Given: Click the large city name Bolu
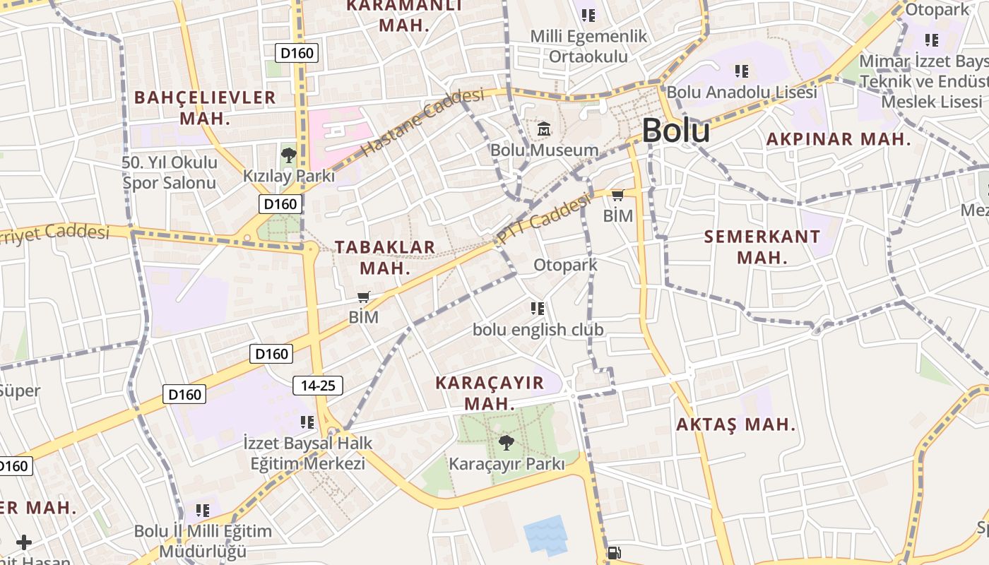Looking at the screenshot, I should click(675, 131).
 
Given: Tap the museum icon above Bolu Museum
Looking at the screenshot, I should click(544, 129).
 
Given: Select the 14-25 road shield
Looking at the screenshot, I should click(318, 386).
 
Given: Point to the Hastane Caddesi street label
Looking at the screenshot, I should click(423, 122).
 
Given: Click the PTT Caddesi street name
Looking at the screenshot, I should click(543, 220).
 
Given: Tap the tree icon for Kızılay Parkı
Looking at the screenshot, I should click(288, 155).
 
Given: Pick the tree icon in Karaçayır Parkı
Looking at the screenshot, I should click(506, 444).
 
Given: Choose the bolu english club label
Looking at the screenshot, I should click(538, 329).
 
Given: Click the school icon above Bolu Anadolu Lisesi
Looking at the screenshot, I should click(741, 71).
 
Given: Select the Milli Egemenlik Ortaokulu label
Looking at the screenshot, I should click(588, 46).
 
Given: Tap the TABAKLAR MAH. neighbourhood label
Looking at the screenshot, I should click(385, 257).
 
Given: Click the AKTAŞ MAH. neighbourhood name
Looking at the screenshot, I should click(735, 425).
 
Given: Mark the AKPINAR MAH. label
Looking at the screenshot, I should click(839, 139).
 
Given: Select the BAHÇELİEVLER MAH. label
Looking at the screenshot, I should click(205, 107).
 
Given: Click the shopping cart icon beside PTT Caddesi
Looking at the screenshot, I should click(617, 195).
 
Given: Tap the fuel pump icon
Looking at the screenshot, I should click(614, 553).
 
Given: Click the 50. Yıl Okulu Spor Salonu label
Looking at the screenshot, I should click(170, 172).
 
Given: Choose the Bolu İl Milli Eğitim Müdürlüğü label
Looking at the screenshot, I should click(203, 541).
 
